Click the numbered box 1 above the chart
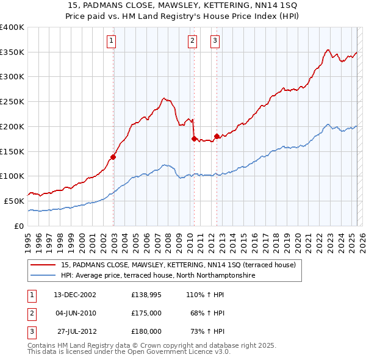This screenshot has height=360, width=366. coord(112,41)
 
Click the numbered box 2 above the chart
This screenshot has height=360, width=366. coord(192,41)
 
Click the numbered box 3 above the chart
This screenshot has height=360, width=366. coord(215,41)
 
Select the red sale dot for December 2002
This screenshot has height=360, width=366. coord(113,156)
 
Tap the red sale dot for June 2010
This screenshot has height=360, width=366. coord(194,139)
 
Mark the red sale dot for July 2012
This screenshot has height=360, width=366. coord(217,136)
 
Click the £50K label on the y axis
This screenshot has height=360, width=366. coord(15,201)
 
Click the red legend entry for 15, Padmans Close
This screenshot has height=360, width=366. coord(178,265)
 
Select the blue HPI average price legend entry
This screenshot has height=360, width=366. coord(157,276)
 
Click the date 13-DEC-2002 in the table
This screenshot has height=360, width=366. coord(75,295)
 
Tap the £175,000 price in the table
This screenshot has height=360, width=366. coord(146,313)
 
